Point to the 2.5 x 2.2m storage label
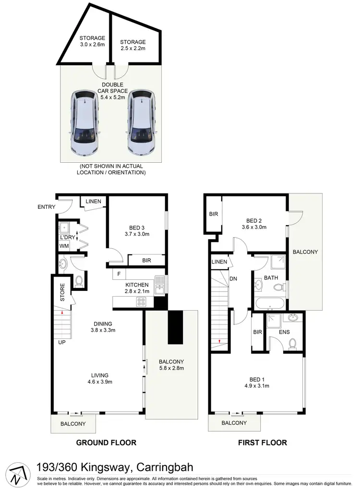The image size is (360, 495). point(132,45)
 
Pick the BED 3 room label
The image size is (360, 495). point(137,231)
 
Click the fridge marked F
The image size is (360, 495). point(118,274)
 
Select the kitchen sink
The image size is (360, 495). point(159,284)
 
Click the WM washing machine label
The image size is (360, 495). point(64,246)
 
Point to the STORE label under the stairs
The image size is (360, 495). point(62,293)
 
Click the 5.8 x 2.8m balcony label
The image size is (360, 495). point(171,365)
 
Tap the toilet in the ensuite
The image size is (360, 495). point(292,343)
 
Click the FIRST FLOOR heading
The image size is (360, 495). point(263,443)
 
